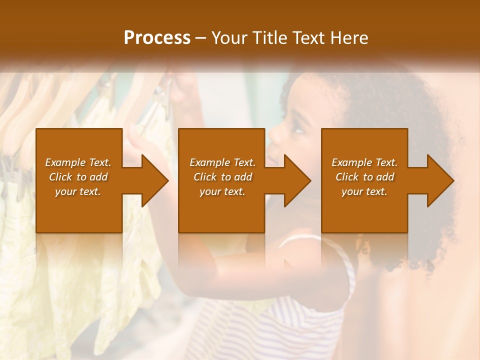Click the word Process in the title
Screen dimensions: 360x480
[x=157, y=38]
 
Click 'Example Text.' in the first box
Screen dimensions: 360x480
[x=78, y=162]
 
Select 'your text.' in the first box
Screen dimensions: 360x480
[x=78, y=191]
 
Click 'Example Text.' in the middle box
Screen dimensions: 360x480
[x=222, y=162]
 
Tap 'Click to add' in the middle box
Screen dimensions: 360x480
[x=222, y=177]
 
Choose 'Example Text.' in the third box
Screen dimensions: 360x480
[x=364, y=162]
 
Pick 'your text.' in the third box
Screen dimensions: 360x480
[x=364, y=191]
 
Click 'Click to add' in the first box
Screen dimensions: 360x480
[x=78, y=177]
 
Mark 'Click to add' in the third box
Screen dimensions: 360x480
[x=364, y=177]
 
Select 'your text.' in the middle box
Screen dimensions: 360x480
[x=222, y=191]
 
